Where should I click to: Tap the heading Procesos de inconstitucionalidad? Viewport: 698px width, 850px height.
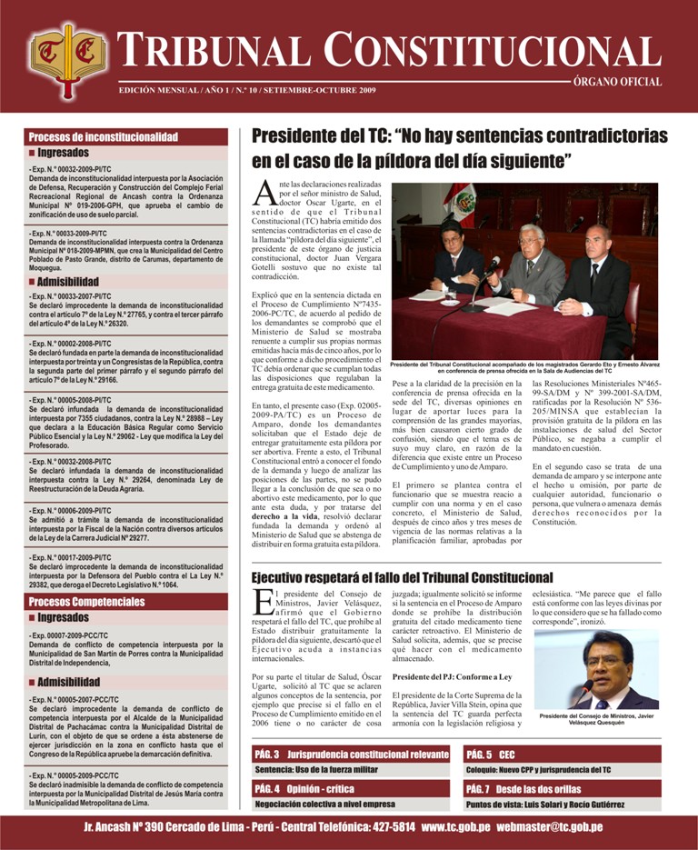coord(103,137)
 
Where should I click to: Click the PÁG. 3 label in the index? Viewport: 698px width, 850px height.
coord(267,755)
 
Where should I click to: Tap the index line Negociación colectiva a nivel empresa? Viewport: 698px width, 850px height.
coord(324,804)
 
